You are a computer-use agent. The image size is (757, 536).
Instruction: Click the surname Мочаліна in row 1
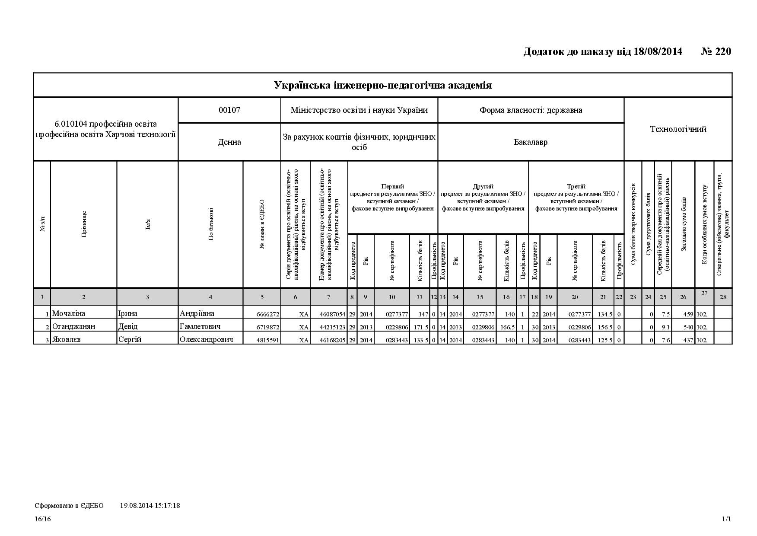(68, 314)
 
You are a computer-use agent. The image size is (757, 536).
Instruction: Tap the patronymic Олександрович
(206, 340)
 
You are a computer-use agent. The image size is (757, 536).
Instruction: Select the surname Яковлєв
(66, 340)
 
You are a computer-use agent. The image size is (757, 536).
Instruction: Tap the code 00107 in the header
(229, 110)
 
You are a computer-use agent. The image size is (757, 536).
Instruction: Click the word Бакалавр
(531, 142)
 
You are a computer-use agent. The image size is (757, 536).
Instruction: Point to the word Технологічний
(678, 129)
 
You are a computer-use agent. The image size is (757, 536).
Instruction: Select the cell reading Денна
(229, 142)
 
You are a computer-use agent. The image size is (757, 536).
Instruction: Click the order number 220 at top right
(723, 51)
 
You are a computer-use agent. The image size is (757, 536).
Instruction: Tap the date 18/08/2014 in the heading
(658, 51)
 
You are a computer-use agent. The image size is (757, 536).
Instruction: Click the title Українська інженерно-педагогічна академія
(382, 85)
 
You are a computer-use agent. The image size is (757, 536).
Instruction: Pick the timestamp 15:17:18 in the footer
(166, 505)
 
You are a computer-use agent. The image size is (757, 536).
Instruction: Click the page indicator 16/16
(43, 519)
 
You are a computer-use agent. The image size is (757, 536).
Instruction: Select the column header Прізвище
(84, 224)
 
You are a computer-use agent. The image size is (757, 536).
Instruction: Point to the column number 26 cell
(683, 297)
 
